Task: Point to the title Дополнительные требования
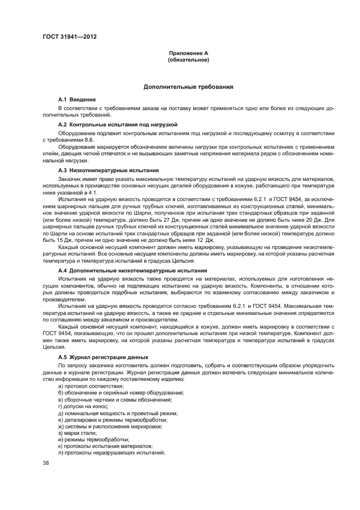[x=188, y=87]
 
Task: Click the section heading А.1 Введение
[x=77, y=100]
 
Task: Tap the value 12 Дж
[x=206, y=240]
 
